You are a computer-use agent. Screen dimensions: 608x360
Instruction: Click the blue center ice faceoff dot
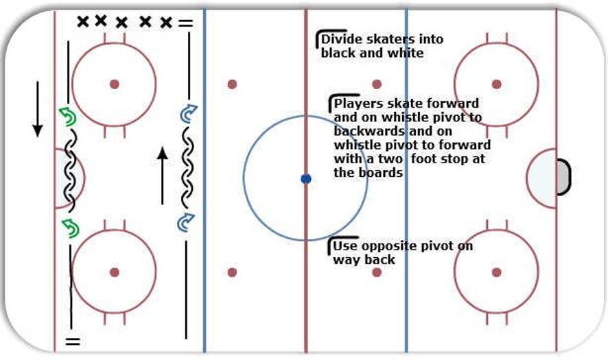tap(306, 179)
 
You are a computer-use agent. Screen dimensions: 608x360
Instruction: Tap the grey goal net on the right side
tap(563, 177)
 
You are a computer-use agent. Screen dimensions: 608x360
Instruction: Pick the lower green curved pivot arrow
tap(71, 228)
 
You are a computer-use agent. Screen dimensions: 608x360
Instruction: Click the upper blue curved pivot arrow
tap(189, 114)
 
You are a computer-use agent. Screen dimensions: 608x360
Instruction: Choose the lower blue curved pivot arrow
tap(186, 222)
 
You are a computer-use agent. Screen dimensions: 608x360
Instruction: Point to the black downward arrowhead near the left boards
tap(38, 130)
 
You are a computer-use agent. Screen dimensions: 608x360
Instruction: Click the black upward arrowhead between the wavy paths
tap(163, 154)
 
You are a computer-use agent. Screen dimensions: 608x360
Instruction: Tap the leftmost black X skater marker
tap(82, 21)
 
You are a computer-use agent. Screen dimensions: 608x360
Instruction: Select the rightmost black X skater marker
tap(166, 23)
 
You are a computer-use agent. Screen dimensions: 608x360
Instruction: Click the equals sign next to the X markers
tap(185, 23)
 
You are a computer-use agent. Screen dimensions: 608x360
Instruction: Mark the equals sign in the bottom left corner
tap(73, 341)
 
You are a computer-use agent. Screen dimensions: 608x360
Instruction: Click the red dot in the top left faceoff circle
tap(115, 84)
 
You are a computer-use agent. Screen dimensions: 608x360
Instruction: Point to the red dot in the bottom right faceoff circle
tap(496, 272)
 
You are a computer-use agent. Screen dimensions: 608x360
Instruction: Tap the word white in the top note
tap(406, 53)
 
